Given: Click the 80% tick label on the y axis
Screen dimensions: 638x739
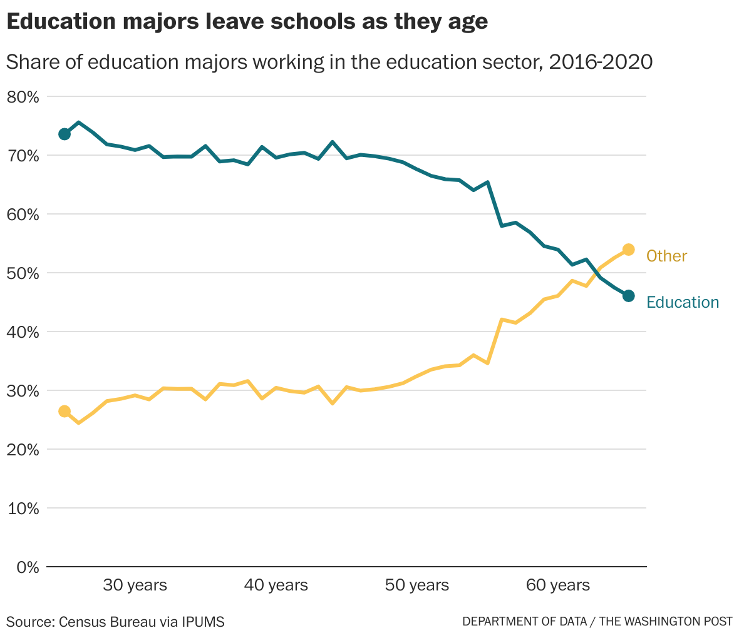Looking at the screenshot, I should (x=23, y=97).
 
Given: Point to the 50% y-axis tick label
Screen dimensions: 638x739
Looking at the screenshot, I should (x=23, y=273).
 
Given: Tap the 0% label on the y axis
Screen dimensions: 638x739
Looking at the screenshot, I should (x=28, y=567).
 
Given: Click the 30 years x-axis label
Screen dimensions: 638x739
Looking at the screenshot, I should (x=135, y=585).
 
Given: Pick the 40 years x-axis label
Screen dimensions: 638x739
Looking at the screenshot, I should (x=276, y=585).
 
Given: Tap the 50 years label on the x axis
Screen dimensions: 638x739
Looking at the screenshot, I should (x=417, y=585).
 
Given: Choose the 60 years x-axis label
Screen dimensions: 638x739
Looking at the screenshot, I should (x=558, y=585).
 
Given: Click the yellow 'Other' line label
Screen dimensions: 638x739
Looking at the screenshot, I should (x=666, y=256).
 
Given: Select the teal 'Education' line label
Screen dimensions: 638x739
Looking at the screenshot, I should (x=683, y=303).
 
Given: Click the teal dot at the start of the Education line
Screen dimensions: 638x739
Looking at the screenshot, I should (x=65, y=134).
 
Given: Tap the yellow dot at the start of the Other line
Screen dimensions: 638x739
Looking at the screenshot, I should (x=65, y=411).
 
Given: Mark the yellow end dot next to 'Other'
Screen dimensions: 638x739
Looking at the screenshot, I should (x=629, y=250).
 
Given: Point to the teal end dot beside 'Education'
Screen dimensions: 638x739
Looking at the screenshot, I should (x=629, y=296).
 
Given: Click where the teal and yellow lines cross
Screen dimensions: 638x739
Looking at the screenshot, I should (x=596, y=273).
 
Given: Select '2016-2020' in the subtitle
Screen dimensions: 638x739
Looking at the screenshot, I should (x=601, y=63).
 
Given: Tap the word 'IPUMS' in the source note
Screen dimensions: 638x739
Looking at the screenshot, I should (x=203, y=622).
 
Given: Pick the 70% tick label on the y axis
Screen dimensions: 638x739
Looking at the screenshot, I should (x=23, y=156).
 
